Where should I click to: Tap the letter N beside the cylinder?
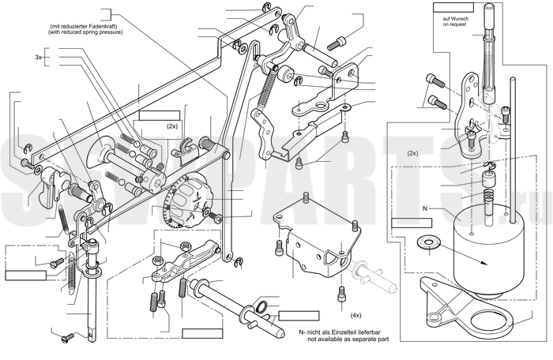coord(425,208)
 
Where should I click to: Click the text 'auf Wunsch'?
coord(456,19)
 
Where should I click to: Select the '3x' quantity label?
coord(39,57)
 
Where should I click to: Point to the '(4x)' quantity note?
coord(355,315)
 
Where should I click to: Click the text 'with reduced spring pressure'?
coord(85,32)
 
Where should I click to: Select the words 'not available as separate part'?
coord(348,339)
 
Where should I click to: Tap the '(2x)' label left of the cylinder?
coord(412,153)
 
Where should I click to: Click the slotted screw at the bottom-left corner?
coord(67,337)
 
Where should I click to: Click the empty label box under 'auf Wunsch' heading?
coord(453,7)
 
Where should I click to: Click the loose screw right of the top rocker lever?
coord(337,43)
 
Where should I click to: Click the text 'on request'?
coord(455,24)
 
